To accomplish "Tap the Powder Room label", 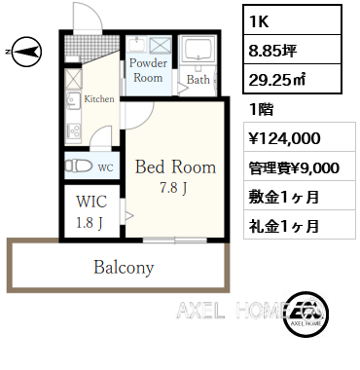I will [x=148, y=70].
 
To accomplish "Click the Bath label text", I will [x=198, y=81].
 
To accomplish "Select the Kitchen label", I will [x=99, y=98].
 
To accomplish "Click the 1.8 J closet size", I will [x=88, y=222].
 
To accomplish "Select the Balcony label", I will [x=124, y=266].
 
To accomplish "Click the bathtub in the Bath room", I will [x=198, y=55].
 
